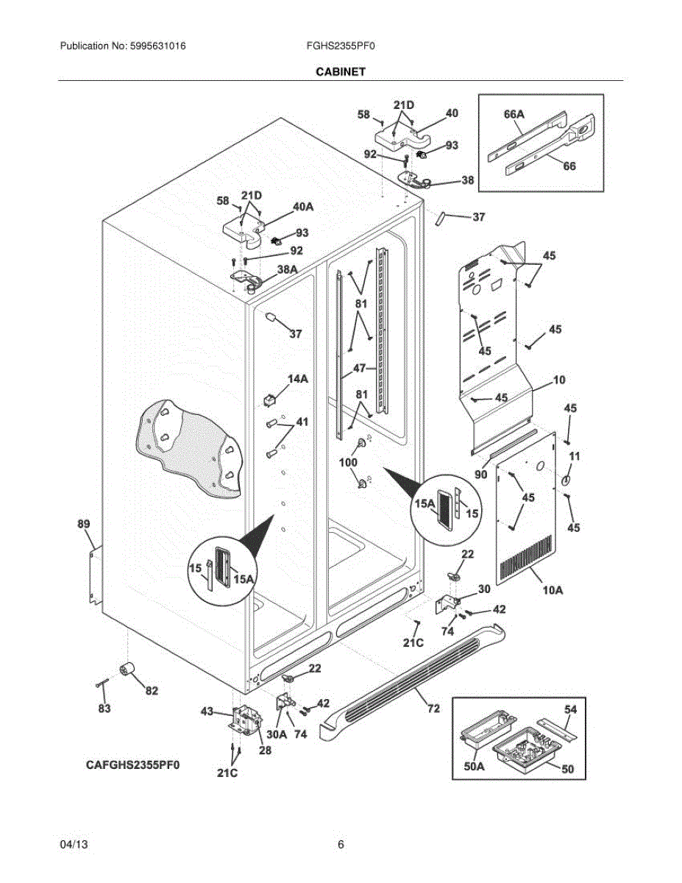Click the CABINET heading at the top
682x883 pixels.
(341, 71)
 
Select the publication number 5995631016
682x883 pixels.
(157, 46)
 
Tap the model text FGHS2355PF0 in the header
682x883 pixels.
(341, 46)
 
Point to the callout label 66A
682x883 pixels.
(514, 114)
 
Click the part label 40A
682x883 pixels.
(303, 207)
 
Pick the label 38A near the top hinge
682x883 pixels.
(287, 269)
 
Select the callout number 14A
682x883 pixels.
(298, 379)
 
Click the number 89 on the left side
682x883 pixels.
(84, 524)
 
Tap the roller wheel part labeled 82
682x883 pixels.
(127, 668)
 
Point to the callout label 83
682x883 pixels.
(104, 709)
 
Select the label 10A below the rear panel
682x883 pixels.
(553, 589)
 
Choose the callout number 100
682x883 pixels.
(348, 462)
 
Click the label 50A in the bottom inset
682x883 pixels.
(474, 767)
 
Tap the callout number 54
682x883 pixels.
(570, 710)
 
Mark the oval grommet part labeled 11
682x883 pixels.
(566, 480)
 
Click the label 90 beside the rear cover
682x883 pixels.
(481, 474)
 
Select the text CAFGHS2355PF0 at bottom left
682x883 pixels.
(132, 765)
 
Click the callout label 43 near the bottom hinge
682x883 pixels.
(207, 711)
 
